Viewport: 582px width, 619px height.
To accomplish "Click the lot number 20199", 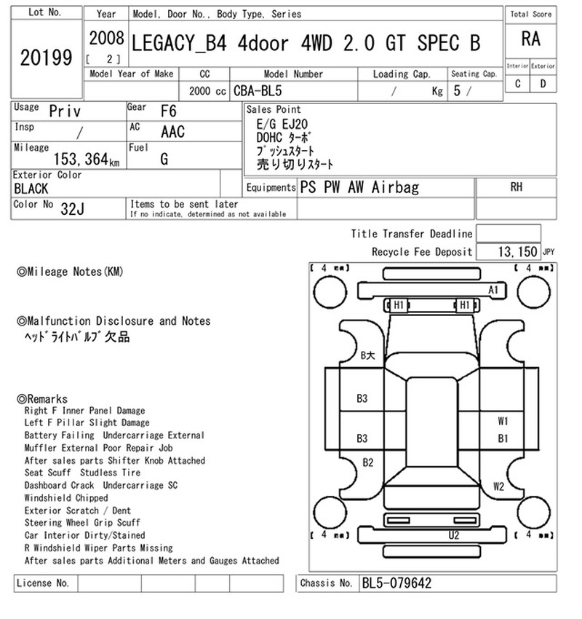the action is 46,58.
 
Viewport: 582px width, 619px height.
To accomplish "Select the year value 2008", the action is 106,39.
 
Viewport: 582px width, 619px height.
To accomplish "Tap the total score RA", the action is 530,39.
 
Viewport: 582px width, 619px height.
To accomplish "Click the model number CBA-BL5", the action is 258,91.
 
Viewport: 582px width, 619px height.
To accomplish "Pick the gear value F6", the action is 168,111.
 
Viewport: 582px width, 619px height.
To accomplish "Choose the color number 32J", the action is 72,208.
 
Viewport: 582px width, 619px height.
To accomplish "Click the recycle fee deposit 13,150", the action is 517,251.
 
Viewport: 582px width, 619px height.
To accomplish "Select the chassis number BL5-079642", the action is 396,583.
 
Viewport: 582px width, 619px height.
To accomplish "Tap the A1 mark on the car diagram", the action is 493,290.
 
